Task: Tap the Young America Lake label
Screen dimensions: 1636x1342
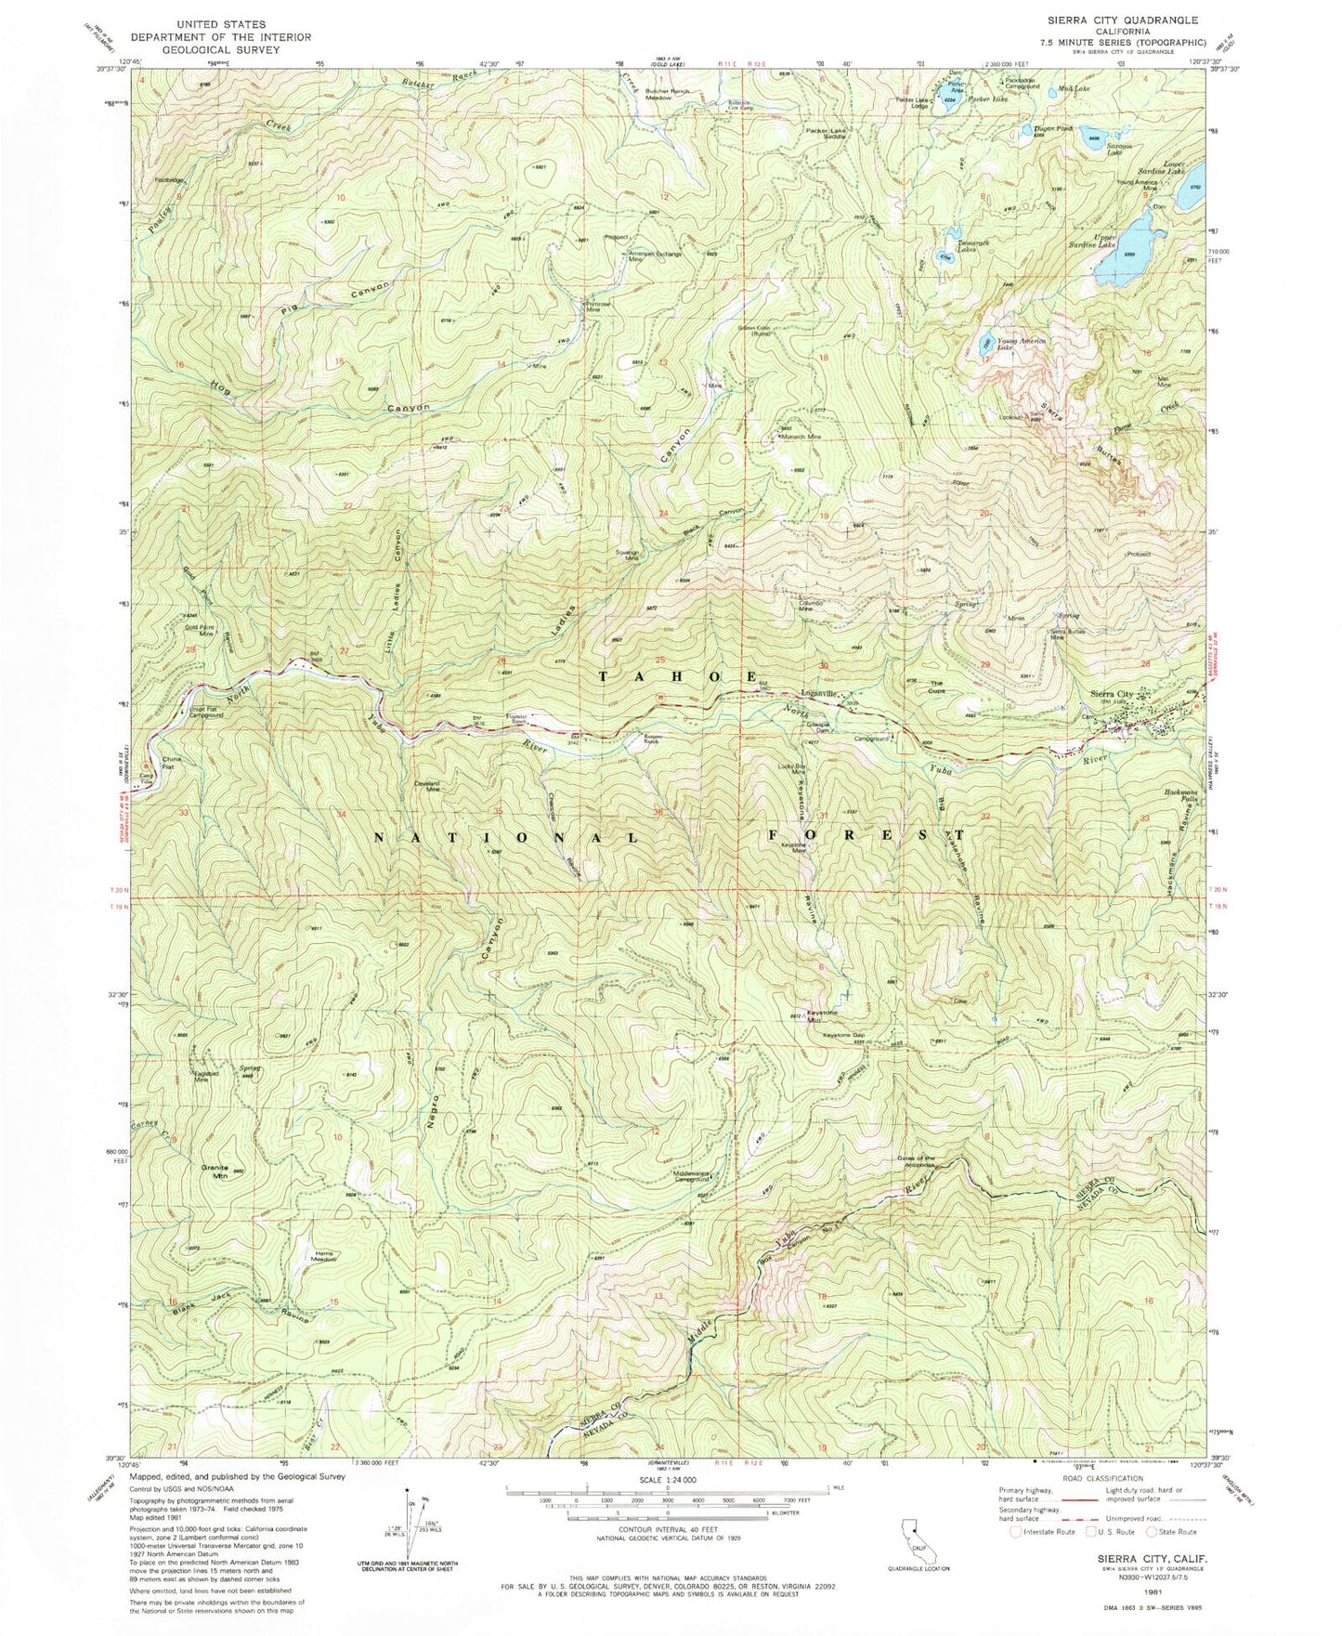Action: [1021, 343]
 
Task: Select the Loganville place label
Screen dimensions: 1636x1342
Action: [827, 693]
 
